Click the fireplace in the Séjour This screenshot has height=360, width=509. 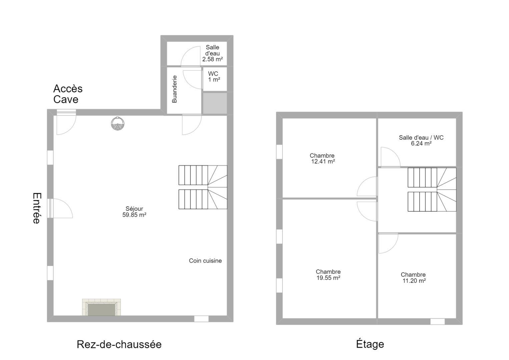(101, 307)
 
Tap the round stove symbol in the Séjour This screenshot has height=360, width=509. (118, 124)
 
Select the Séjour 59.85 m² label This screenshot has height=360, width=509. (134, 212)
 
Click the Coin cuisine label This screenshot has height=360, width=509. (205, 261)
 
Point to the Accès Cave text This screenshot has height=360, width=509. (68, 94)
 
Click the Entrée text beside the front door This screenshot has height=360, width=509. (37, 208)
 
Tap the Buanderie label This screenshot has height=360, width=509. (174, 89)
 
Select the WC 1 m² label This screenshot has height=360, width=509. (214, 77)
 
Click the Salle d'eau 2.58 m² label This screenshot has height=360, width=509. (212, 53)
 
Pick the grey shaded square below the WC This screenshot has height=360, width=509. (215, 103)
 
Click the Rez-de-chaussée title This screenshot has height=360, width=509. (119, 344)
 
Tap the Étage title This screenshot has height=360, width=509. (370, 344)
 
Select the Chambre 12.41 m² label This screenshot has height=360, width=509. (323, 159)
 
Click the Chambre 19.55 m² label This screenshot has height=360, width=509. (328, 275)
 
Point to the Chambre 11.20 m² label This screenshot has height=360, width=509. (413, 278)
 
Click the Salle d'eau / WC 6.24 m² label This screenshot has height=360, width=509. (421, 140)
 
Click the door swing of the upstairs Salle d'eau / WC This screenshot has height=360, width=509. (395, 152)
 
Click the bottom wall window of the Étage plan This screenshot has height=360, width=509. (437, 322)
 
